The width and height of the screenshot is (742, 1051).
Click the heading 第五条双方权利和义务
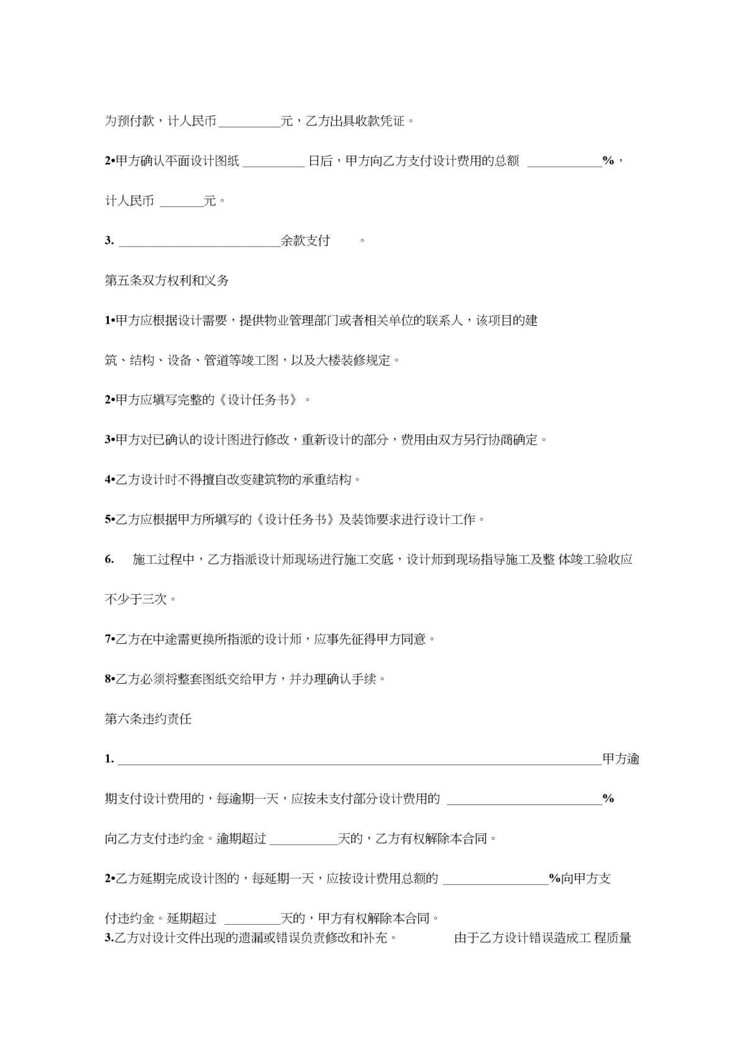tap(167, 280)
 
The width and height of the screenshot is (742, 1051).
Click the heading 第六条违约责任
tap(148, 719)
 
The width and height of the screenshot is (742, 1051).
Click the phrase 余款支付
tap(305, 241)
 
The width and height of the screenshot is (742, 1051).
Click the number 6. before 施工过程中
tap(109, 559)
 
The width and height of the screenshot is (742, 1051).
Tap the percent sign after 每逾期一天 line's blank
tap(608, 799)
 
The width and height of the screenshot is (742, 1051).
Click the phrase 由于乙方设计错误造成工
tap(522, 938)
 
